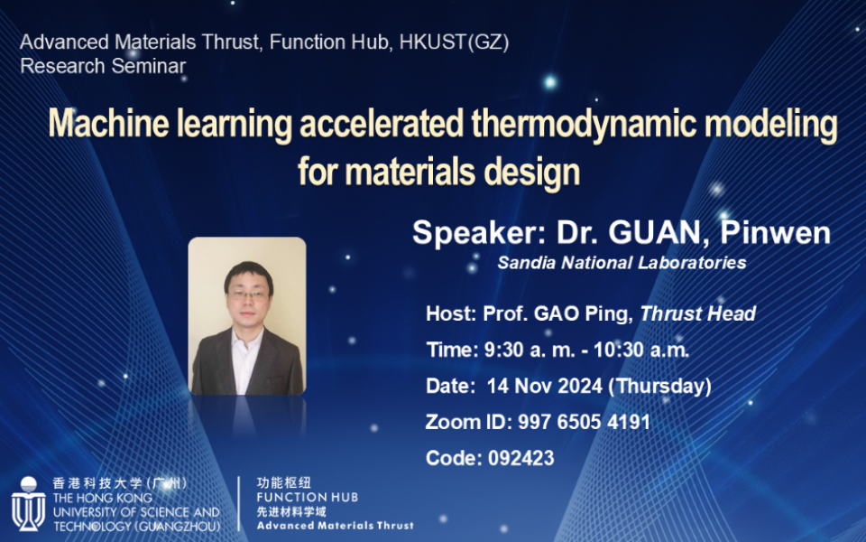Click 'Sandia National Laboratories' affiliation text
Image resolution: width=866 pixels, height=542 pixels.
[622, 263]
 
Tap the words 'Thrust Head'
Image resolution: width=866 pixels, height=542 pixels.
[698, 314]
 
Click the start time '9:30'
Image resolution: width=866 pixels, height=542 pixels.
[502, 350]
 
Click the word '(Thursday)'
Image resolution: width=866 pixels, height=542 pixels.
[659, 387]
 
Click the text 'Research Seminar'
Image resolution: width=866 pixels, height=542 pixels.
[103, 66]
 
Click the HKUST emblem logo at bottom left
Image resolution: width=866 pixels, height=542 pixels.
[28, 505]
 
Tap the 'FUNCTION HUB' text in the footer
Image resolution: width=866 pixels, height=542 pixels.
[307, 497]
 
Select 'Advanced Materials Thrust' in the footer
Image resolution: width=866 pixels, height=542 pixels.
[335, 525]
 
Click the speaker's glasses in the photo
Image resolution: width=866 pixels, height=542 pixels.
[248, 294]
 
